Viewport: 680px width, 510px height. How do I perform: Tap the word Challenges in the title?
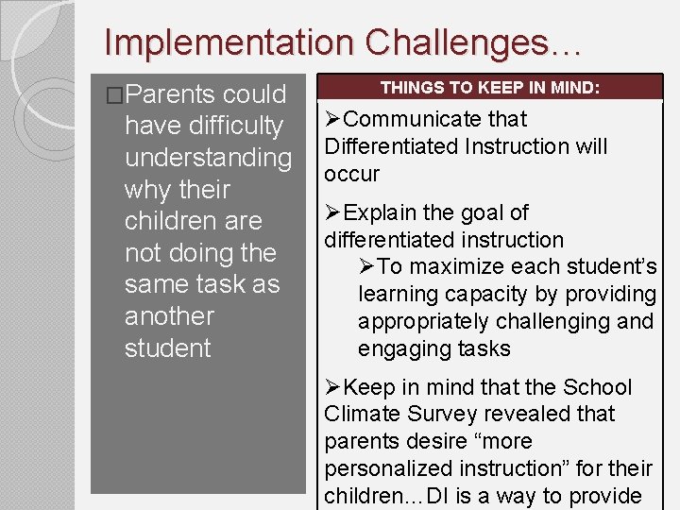click(x=466, y=42)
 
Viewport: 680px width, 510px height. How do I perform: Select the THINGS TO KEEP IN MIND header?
click(x=488, y=88)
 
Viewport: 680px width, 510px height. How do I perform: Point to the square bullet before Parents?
click(x=115, y=95)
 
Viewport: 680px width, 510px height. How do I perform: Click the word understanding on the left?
click(x=208, y=158)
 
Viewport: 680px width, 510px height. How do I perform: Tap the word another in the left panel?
click(x=169, y=316)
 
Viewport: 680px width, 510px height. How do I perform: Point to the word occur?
click(x=351, y=174)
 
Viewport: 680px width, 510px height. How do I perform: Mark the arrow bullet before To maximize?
click(x=367, y=267)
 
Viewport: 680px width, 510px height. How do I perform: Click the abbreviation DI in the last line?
click(x=436, y=496)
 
